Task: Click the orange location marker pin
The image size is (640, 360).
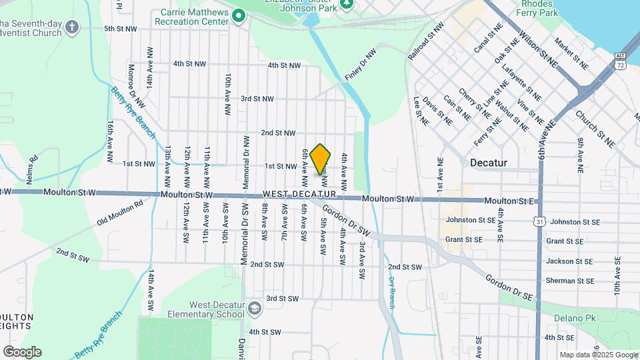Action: click(x=321, y=159)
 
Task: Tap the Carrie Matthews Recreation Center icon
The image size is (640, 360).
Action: click(x=239, y=17)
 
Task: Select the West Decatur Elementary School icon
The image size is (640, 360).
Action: click(x=254, y=308)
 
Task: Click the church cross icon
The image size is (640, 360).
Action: click(x=72, y=28)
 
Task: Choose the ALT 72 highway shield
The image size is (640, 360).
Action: click(x=621, y=61)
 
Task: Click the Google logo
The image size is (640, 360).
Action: click(x=21, y=351)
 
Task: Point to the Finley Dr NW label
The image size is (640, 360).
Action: click(x=360, y=65)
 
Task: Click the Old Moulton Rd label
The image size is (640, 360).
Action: click(x=120, y=212)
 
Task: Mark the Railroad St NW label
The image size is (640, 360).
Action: click(x=425, y=43)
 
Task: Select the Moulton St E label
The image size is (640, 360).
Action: click(x=509, y=201)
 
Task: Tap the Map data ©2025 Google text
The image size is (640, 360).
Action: click(x=597, y=355)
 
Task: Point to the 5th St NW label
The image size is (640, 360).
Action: click(x=120, y=29)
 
